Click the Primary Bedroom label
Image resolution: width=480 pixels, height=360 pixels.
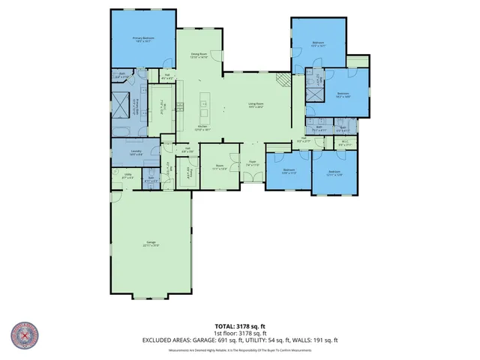[x=142, y=39]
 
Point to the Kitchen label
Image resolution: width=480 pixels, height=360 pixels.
[x=202, y=127]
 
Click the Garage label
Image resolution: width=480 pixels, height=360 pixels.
[x=151, y=244]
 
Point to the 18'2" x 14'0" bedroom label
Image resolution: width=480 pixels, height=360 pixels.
[x=343, y=95]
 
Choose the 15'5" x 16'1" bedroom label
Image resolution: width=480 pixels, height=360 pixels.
[x=318, y=44]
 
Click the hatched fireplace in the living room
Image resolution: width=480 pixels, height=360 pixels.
[x=283, y=81]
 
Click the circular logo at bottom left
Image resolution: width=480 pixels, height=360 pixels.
[x=25, y=335]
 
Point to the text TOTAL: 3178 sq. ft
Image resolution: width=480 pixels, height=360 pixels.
[x=240, y=325]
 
